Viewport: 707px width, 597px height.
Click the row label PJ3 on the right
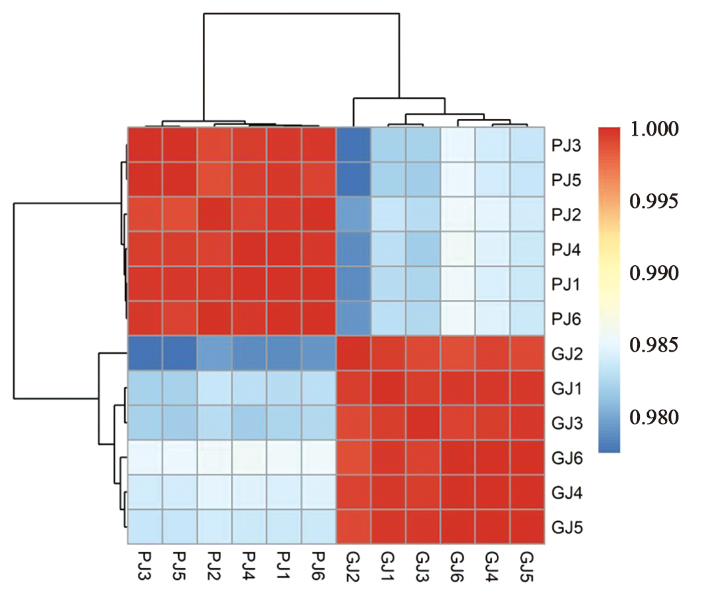tap(567, 145)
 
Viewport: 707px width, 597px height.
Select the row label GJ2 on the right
tap(567, 353)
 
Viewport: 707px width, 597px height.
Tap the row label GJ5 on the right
tap(567, 528)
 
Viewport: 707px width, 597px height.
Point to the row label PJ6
tap(567, 318)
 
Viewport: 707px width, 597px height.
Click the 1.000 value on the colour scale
tap(654, 128)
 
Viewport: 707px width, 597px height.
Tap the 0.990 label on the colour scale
tap(654, 273)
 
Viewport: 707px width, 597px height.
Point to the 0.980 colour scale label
tap(654, 418)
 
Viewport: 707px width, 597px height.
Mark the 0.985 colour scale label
tap(654, 345)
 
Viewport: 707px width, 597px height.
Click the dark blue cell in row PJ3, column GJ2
tap(354, 145)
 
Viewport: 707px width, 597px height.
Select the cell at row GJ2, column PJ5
tap(180, 353)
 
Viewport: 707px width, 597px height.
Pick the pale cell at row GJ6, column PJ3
tap(144, 458)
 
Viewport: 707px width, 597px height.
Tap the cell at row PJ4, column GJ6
tap(458, 249)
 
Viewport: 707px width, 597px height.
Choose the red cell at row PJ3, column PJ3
tap(144, 145)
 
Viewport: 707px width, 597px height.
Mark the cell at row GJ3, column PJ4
tap(249, 423)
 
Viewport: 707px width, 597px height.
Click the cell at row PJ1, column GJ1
tap(388, 284)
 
